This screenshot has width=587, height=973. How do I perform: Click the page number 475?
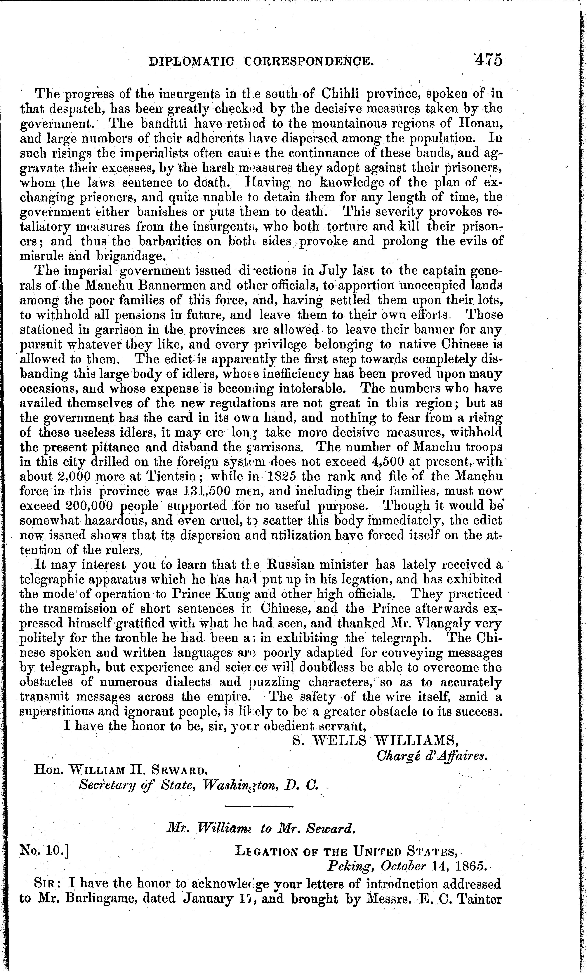click(489, 60)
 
